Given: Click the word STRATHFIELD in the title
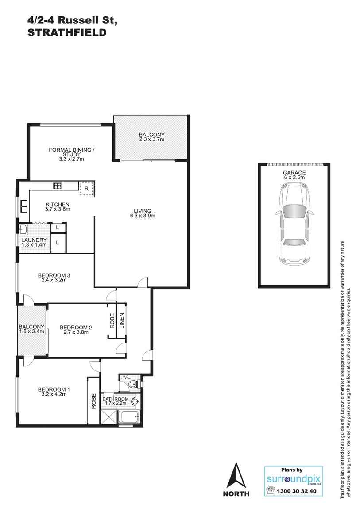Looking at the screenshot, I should pos(67,32).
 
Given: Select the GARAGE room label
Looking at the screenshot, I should pos(294,173).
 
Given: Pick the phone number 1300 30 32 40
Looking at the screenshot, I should pos(296,491).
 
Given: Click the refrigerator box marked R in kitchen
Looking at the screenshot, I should pos(87,188).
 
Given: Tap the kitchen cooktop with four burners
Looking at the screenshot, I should pos(58,186).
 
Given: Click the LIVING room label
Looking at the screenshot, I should pos(143,211).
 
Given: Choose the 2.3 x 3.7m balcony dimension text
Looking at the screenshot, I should pos(151,139).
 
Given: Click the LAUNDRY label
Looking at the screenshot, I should pos(34,240).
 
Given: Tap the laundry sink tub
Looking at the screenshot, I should pos(23,229).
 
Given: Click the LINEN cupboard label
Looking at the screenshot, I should pos(121,321).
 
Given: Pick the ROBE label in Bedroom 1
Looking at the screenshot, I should pos(93,401).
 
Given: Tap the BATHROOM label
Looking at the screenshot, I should pos(116,399).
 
